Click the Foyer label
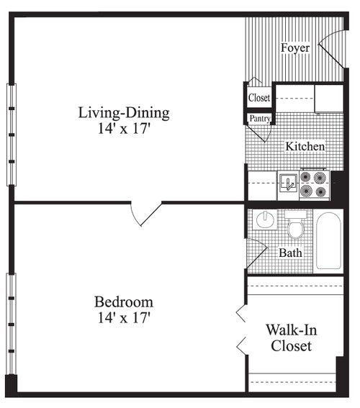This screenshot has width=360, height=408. (295, 48)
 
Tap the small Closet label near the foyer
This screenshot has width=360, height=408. (258, 97)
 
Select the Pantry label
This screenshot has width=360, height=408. (259, 118)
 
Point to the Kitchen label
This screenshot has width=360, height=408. (305, 146)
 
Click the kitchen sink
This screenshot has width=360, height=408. (288, 182)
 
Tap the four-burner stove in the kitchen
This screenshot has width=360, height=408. (314, 183)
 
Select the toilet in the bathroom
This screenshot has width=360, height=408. (295, 227)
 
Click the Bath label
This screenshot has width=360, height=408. (290, 253)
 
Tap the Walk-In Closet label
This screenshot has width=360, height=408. (291, 338)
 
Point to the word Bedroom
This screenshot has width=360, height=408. (124, 302)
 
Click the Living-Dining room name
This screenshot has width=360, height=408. (124, 112)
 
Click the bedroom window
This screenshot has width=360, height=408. (11, 323)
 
